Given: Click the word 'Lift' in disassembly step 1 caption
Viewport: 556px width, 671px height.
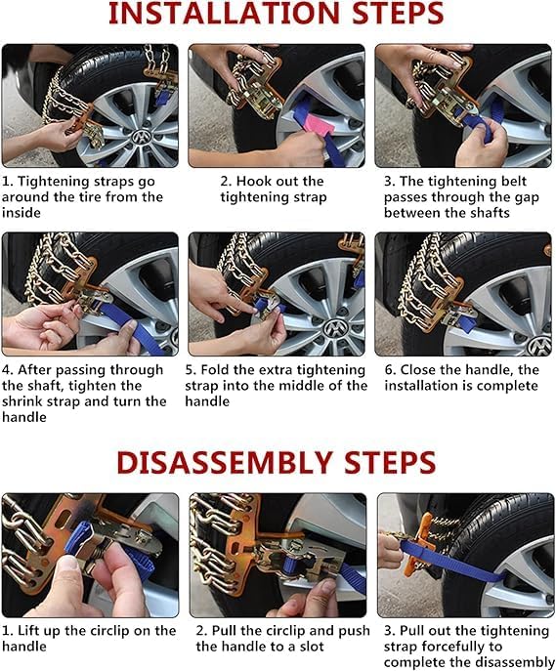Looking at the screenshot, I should (x=32, y=630).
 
